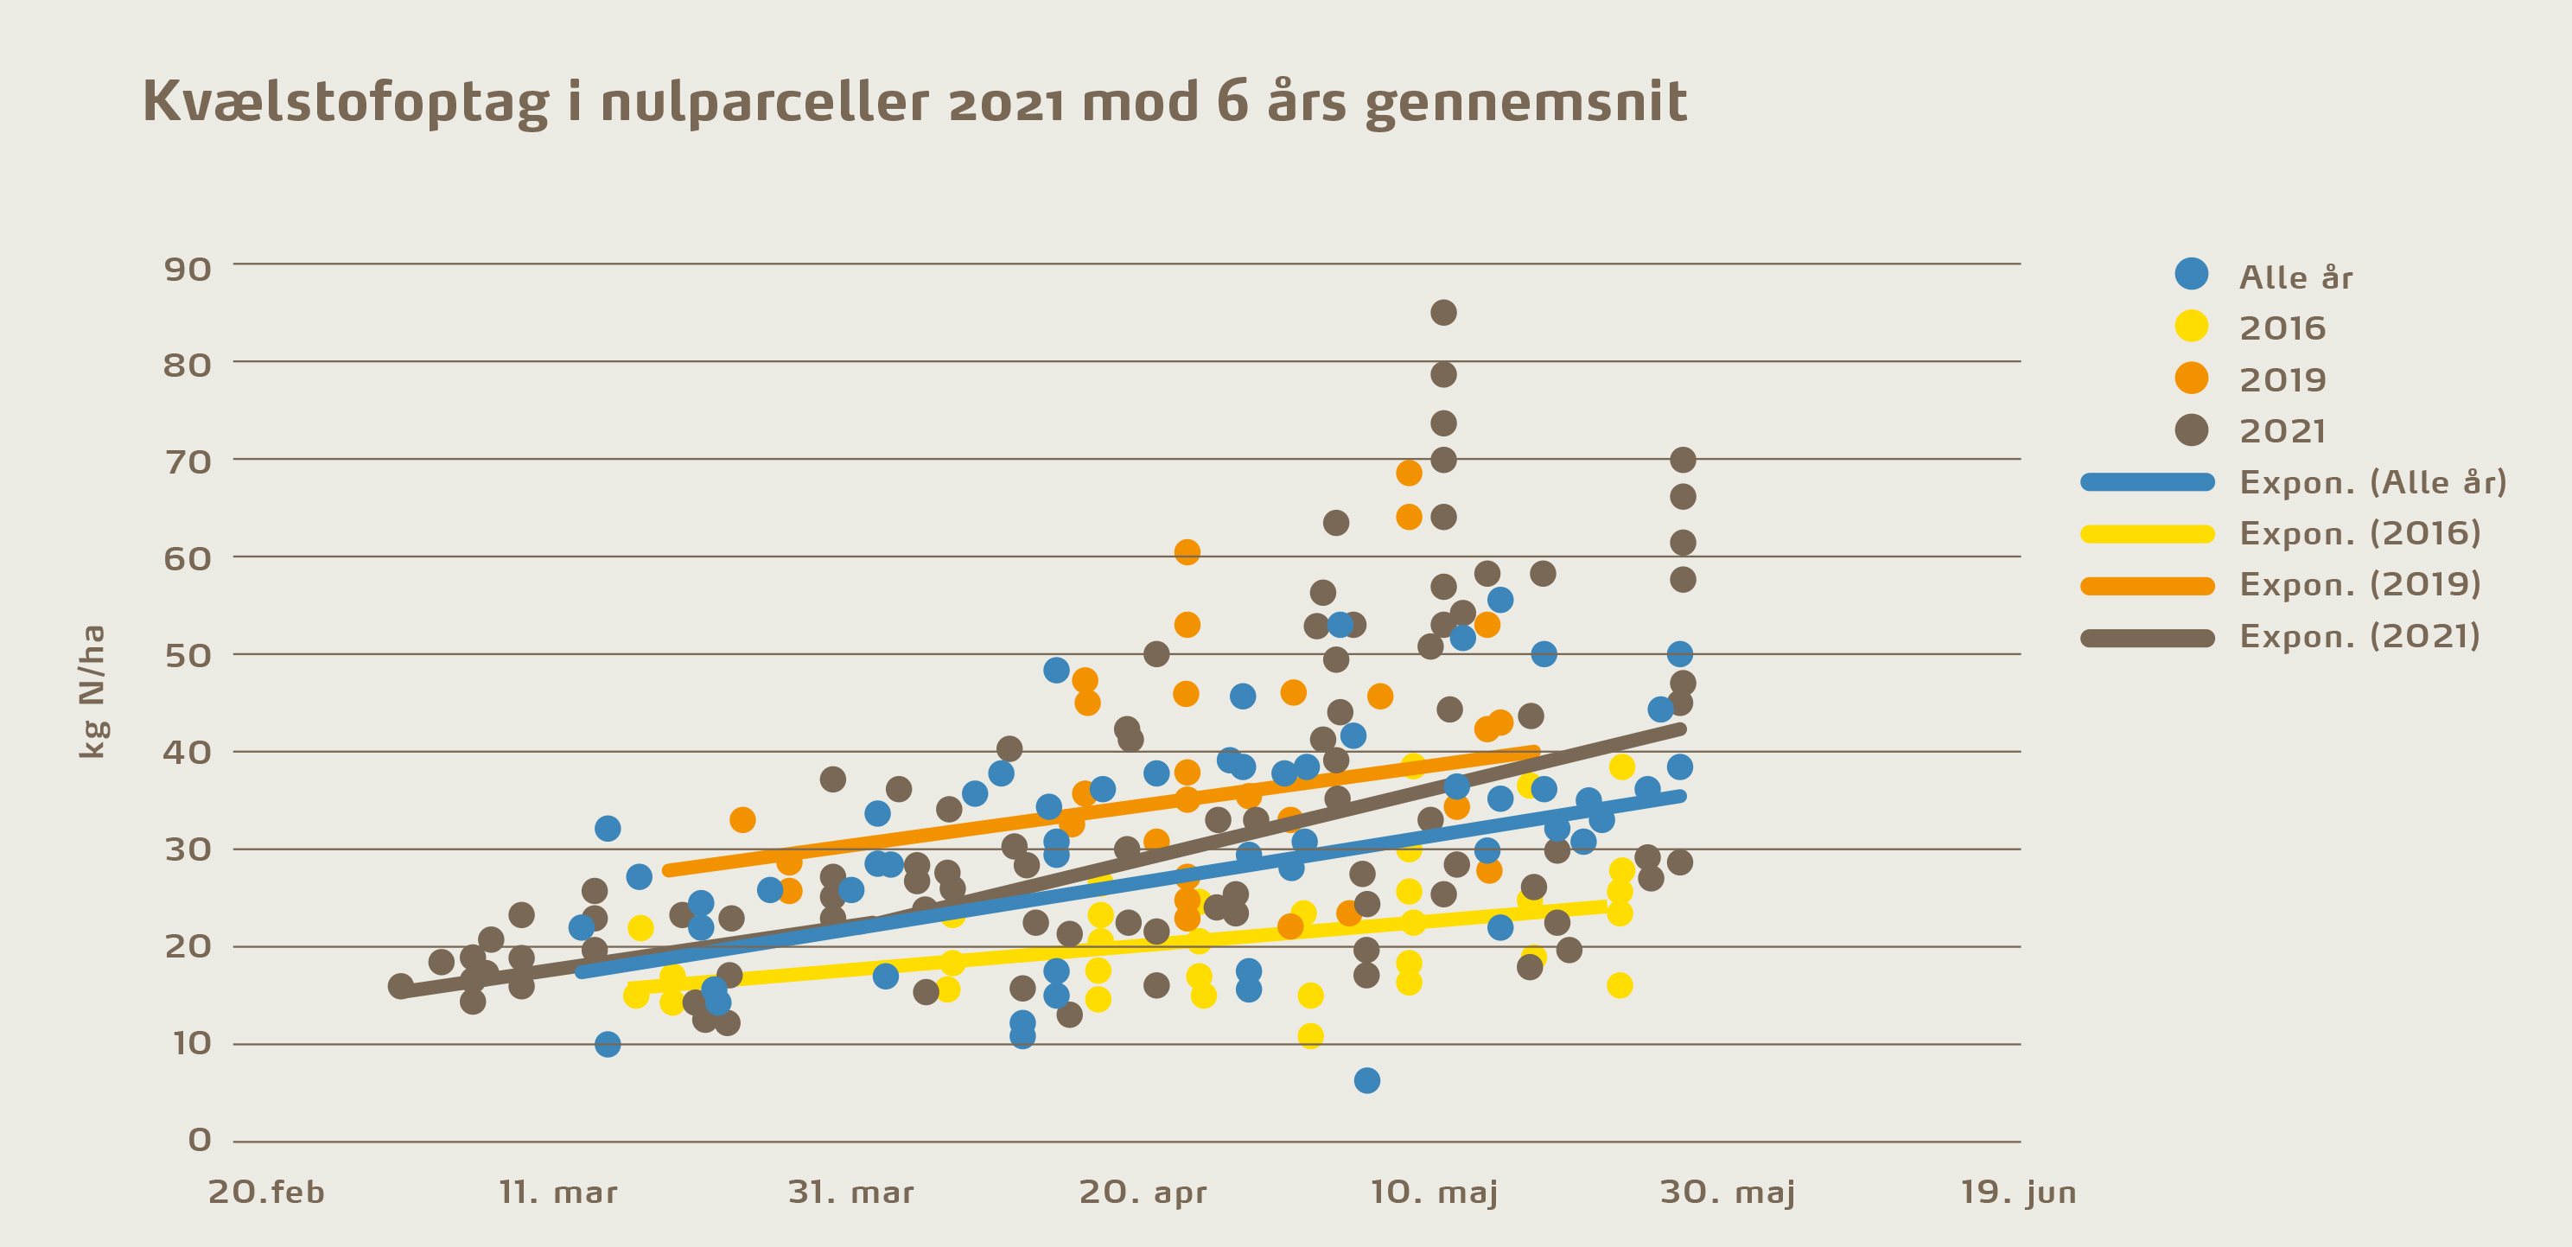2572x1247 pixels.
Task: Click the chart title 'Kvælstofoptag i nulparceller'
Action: [x=914, y=103]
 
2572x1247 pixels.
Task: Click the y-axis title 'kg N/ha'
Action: [x=92, y=690]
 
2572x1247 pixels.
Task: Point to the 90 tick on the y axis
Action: [x=188, y=270]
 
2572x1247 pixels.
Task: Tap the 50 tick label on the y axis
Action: [x=188, y=656]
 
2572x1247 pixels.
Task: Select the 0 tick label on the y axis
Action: [x=200, y=1140]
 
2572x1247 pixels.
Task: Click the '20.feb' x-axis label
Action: [x=266, y=1192]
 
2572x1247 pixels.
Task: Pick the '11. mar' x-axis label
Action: [x=558, y=1192]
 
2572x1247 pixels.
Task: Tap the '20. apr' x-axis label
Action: [x=1143, y=1192]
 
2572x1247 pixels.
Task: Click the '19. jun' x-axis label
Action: [x=2018, y=1192]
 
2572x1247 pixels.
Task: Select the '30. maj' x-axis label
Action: [x=1728, y=1192]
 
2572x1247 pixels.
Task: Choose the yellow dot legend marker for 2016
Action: [x=2191, y=327]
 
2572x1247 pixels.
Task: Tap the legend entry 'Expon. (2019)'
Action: [x=2359, y=584]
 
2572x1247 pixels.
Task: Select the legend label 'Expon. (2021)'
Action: [x=2359, y=636]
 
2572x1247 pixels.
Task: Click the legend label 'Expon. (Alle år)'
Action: [x=2372, y=482]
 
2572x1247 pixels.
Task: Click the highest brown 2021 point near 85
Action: [x=1442, y=313]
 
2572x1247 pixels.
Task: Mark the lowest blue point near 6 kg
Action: [x=1367, y=1080]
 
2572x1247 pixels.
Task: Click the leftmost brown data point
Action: [x=400, y=986]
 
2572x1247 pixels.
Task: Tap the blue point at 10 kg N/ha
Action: [x=607, y=1044]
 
